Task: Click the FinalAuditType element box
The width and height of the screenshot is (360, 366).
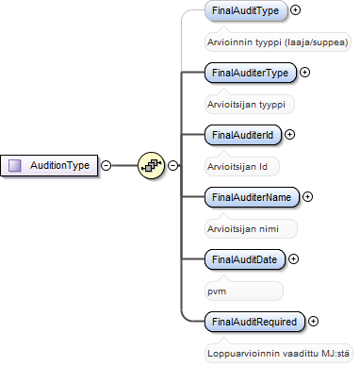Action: click(x=246, y=10)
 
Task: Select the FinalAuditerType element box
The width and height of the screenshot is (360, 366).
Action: click(x=251, y=73)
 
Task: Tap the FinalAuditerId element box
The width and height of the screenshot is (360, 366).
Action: click(x=243, y=135)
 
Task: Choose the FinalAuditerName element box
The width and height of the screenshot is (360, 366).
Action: click(x=252, y=197)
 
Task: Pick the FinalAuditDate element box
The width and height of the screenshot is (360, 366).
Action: click(x=245, y=259)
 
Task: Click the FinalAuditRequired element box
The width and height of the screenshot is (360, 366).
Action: click(x=254, y=322)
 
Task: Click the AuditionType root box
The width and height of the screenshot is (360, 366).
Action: click(x=49, y=165)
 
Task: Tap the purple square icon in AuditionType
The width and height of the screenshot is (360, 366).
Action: click(x=15, y=165)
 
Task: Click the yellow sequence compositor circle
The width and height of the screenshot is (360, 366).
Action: click(x=151, y=165)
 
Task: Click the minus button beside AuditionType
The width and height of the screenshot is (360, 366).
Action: click(x=106, y=165)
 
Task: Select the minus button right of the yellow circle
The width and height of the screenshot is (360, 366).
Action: click(x=173, y=165)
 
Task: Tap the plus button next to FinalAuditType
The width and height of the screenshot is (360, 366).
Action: click(x=295, y=10)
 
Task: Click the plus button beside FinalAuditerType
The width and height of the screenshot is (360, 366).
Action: click(x=304, y=73)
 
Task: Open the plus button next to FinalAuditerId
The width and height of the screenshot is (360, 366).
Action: click(x=289, y=135)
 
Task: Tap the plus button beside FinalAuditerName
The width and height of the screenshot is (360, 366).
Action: click(x=307, y=197)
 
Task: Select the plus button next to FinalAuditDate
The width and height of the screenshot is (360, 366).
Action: click(x=293, y=259)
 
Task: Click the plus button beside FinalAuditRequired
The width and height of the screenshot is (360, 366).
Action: click(x=313, y=322)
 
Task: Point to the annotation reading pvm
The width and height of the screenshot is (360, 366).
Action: click(x=217, y=291)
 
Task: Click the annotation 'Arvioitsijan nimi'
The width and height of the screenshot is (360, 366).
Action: click(x=243, y=229)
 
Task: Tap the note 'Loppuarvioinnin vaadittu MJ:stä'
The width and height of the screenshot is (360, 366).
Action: click(x=278, y=354)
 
